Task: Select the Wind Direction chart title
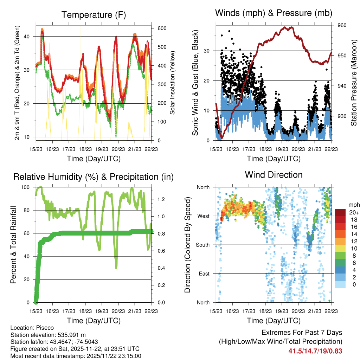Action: click(274, 174)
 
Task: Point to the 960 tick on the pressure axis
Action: click(342, 25)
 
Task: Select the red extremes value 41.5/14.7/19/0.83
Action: click(315, 351)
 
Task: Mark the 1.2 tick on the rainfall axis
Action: click(159, 199)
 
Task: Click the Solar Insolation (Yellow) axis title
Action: click(173, 82)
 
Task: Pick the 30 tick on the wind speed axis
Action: click(207, 51)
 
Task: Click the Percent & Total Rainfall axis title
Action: click(14, 245)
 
